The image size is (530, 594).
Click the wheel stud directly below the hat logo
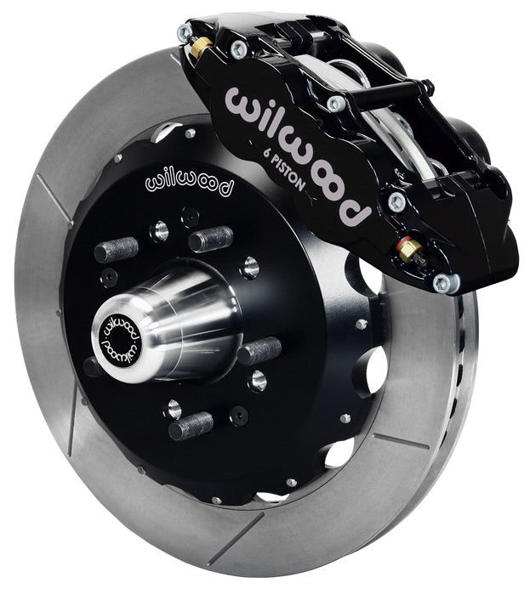pyautogui.click(x=211, y=239)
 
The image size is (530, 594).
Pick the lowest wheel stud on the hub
pyautogui.click(x=191, y=424)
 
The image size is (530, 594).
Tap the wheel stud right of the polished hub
pyautogui.click(x=259, y=350)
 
